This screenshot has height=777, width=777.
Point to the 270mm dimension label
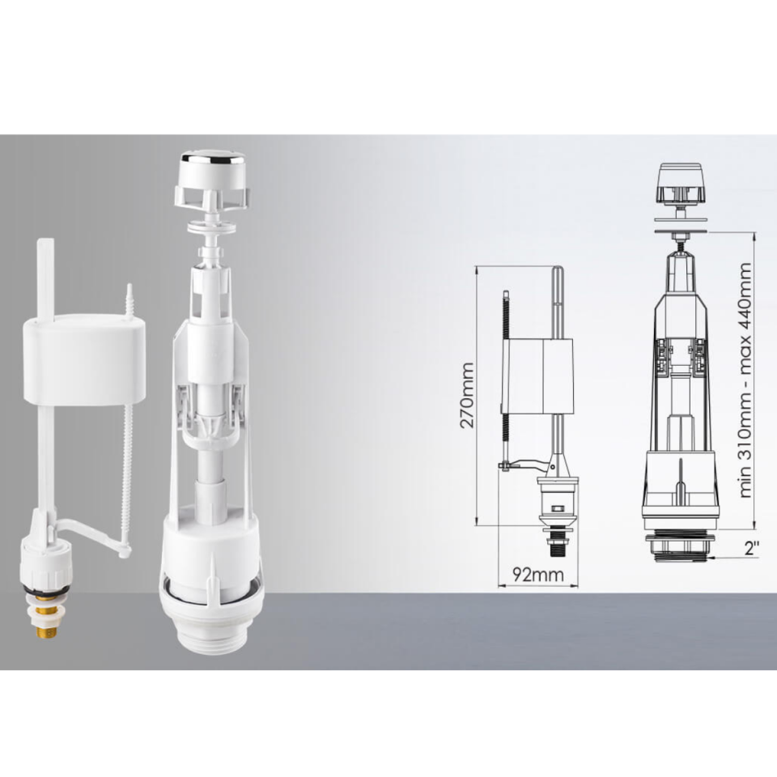coord(466,395)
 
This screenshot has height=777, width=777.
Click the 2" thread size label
coord(752,549)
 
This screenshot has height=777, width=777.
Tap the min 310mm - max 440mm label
coord(745,380)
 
